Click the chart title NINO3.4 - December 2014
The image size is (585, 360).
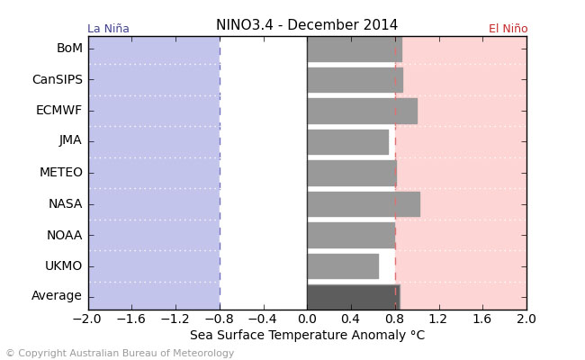[307, 25]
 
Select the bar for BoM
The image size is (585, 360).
[354, 49]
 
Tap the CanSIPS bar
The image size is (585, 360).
[355, 79]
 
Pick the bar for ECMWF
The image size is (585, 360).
[362, 111]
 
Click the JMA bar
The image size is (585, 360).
[347, 141]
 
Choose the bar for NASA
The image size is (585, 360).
[363, 203]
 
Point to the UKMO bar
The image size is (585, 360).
[343, 265]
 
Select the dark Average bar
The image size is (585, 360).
[353, 296]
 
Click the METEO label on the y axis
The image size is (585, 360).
[61, 173]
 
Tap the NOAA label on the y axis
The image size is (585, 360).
[65, 235]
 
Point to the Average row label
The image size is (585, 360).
[57, 296]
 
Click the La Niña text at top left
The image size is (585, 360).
[108, 29]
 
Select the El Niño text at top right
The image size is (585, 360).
[508, 29]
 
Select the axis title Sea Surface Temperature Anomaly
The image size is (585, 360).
[307, 336]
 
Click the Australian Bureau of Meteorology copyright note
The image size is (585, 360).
[120, 354]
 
